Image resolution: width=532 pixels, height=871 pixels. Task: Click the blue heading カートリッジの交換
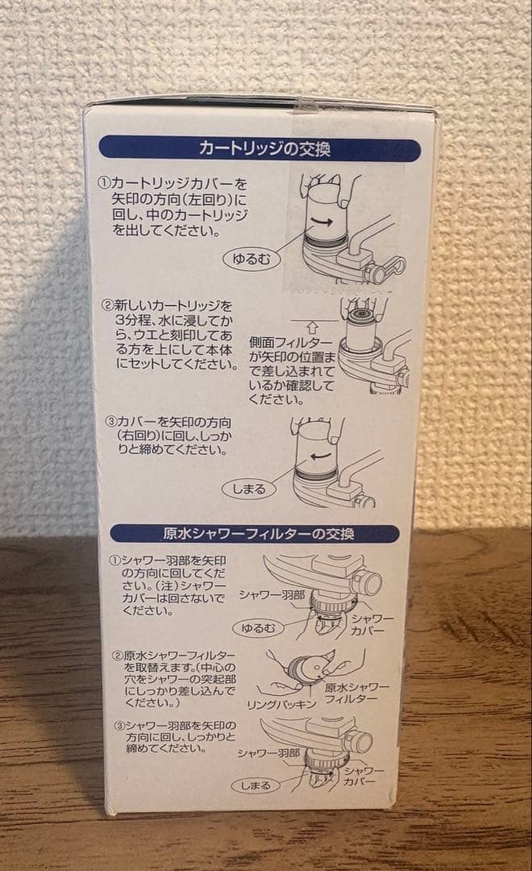pyautogui.click(x=260, y=150)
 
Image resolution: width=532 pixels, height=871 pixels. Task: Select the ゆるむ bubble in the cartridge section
pyautogui.click(x=250, y=260)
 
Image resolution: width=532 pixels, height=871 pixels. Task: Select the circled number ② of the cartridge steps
pyautogui.click(x=106, y=306)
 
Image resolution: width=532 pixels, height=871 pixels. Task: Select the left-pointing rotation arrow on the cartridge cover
pyautogui.click(x=320, y=456)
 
